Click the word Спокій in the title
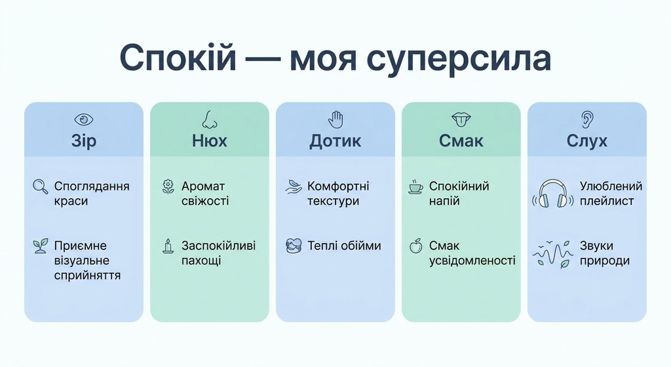178,59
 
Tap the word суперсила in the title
459,59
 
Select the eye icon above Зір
83,119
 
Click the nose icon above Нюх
209,119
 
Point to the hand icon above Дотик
335,119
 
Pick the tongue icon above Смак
461,119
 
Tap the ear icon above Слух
587,119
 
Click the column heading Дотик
335,140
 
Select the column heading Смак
461,140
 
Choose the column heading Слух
587,140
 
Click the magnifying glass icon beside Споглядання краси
41,186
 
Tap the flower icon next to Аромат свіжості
168,186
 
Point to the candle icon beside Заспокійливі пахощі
168,246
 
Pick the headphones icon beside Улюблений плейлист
552,194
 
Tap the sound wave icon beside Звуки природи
552,253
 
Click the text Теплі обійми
344,246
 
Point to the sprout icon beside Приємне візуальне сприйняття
41,246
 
